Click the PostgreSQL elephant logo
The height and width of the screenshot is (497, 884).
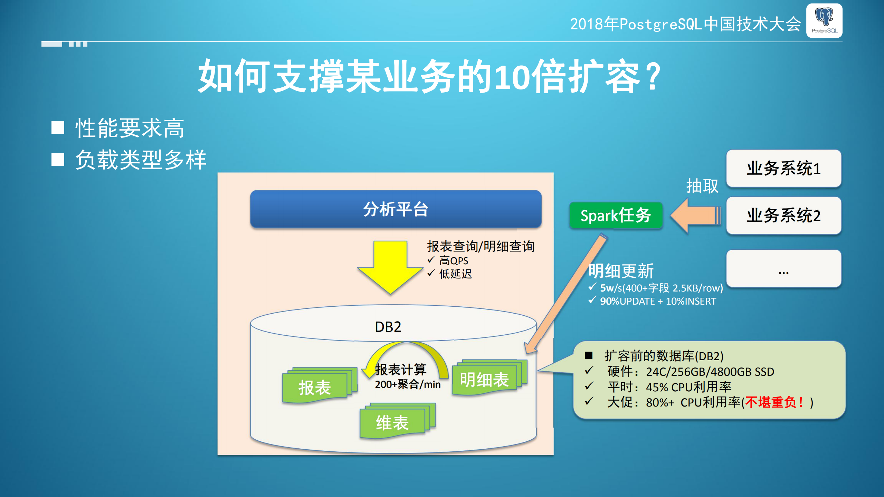point(824,20)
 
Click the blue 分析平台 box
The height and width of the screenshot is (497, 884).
point(396,209)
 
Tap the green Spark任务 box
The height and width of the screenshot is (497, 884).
point(616,216)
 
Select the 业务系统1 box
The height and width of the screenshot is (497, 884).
point(783,169)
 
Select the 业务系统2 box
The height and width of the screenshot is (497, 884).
point(783,216)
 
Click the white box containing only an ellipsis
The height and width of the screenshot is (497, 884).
point(783,269)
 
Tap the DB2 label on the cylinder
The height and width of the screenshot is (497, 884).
point(388,327)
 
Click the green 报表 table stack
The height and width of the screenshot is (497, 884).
point(315,387)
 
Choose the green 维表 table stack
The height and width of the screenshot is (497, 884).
point(392,422)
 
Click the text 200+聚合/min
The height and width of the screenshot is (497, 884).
point(408,384)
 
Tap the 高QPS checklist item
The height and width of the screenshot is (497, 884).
point(453,261)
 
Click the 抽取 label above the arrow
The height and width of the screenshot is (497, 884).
point(702,186)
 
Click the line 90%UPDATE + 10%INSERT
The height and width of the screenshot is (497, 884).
point(658,301)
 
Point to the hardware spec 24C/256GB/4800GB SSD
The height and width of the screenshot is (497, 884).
point(710,372)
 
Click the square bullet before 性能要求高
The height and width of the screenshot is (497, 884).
point(58,127)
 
